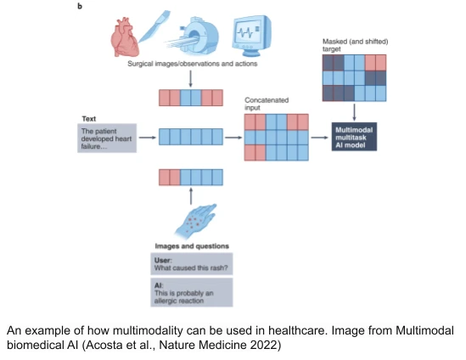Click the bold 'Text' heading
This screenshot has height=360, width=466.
[x=88, y=117]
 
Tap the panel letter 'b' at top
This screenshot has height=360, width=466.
[x=80, y=6]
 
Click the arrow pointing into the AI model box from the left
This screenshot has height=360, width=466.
[x=319, y=135]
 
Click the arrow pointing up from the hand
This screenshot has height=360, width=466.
[x=191, y=194]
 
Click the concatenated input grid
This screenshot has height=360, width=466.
[x=276, y=135]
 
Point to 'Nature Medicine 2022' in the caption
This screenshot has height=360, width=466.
[x=234, y=346]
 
